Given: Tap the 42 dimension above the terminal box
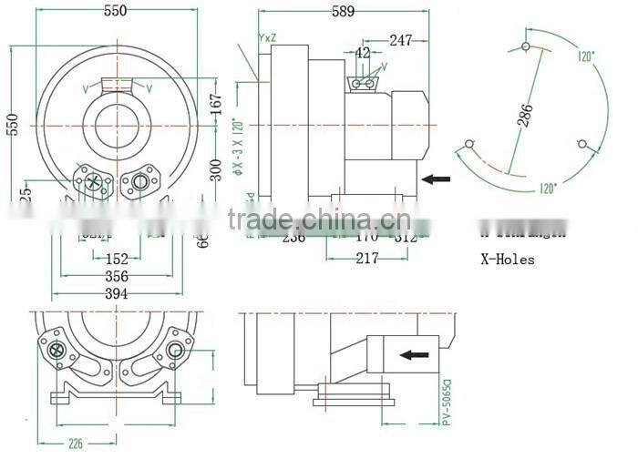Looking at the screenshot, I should (363, 54).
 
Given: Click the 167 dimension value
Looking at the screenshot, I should (215, 105).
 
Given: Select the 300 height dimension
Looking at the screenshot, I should (215, 168).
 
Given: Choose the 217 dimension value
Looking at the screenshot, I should (367, 259).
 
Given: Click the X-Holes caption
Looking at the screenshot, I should (508, 260).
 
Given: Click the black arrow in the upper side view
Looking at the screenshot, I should (437, 179).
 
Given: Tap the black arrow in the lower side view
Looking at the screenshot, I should (417, 354).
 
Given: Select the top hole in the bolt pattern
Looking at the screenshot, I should (527, 46).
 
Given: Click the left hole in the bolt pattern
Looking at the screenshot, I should (469, 144).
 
